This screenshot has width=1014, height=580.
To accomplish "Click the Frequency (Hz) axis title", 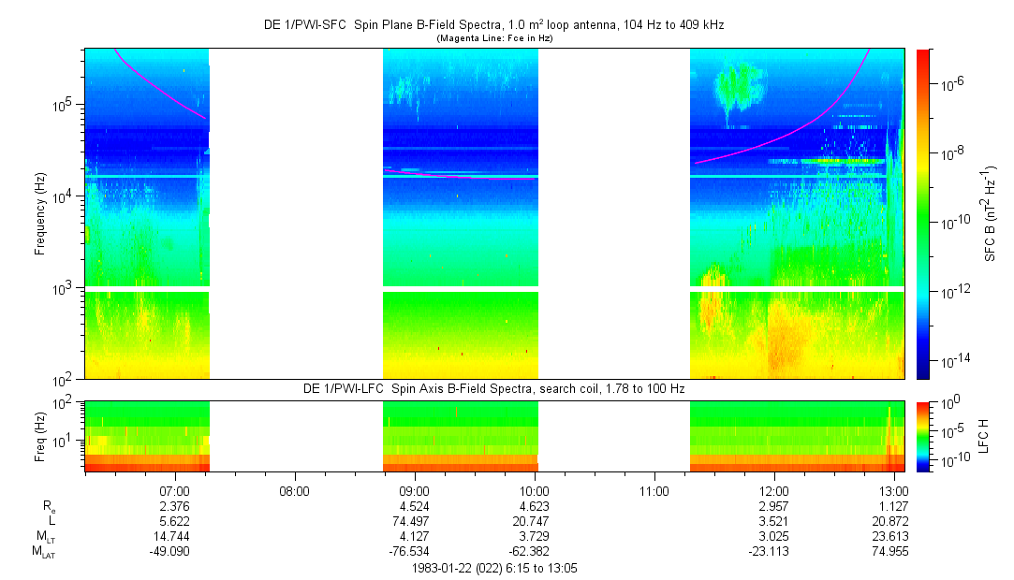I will point(40,214).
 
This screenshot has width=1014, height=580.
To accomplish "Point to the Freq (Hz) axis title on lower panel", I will point(40,435).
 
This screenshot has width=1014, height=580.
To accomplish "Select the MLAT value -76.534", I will point(414,551).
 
